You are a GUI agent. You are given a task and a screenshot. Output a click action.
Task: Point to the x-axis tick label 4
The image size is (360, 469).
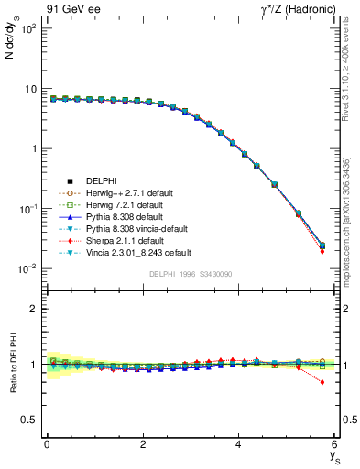pos(238,443)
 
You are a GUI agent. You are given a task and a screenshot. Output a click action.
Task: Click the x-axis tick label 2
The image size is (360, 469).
pos(143,443)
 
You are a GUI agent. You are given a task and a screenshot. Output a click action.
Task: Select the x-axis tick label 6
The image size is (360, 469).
pos(334,443)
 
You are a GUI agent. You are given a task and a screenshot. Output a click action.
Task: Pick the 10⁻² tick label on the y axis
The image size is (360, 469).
pos(27,268)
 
